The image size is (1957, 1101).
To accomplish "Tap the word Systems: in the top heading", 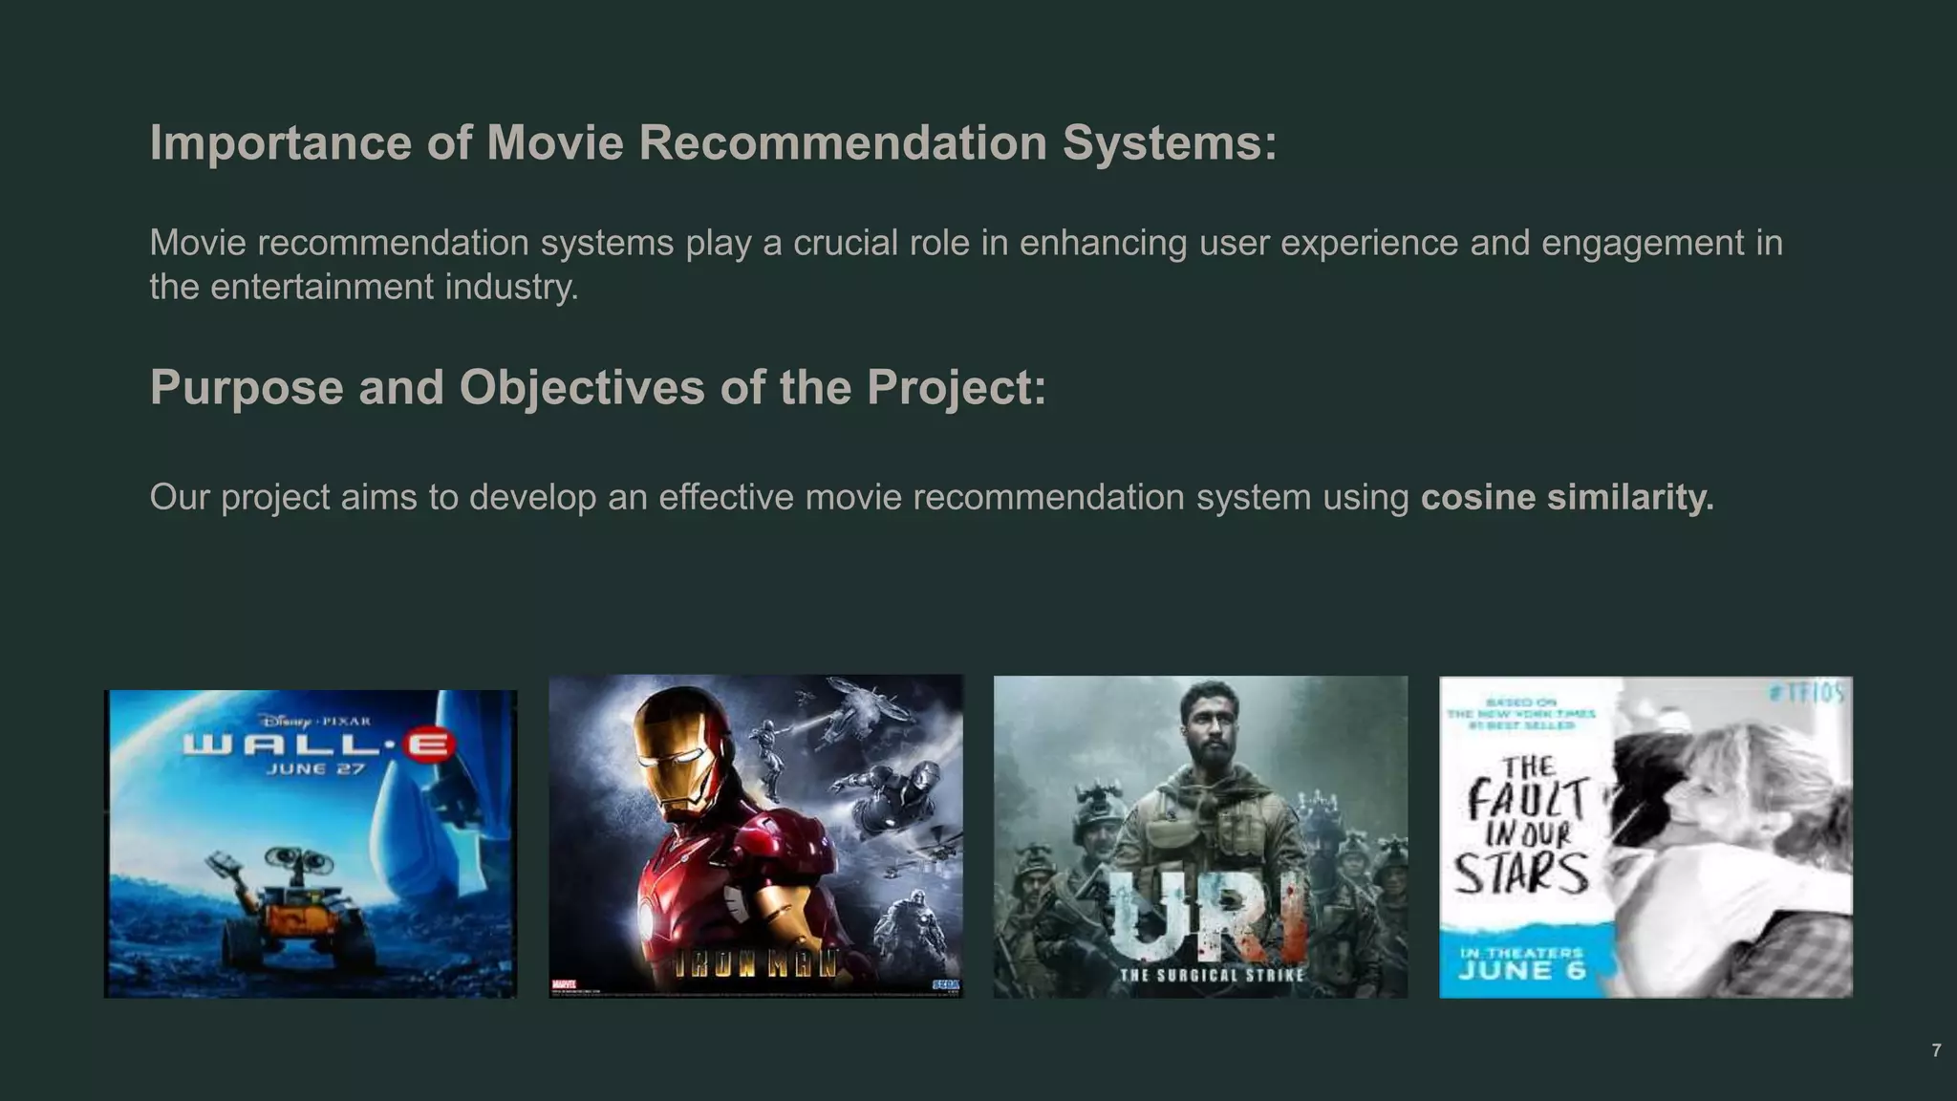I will click(1169, 143).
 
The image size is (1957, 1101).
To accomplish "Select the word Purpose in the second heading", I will click(246, 388).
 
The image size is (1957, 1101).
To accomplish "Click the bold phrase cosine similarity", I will click(1567, 498).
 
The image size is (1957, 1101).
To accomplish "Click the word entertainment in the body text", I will click(321, 287).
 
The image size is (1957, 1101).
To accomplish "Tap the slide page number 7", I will click(1936, 1050).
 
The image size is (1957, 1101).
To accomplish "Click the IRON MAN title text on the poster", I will click(755, 965).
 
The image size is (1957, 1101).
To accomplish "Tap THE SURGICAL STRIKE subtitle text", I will click(1212, 976).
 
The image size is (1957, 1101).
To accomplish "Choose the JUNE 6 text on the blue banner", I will click(1521, 971).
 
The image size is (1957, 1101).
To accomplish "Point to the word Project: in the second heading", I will click(957, 388).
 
